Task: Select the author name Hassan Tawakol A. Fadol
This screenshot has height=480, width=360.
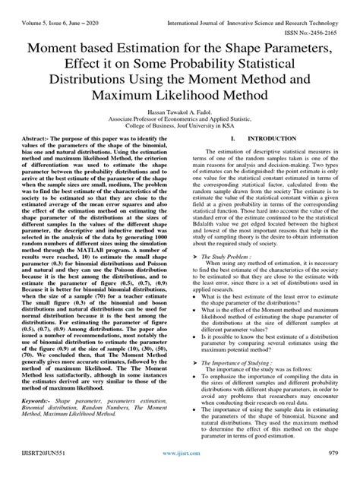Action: (180, 112)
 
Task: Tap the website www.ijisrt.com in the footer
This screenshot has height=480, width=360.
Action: (180, 470)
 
